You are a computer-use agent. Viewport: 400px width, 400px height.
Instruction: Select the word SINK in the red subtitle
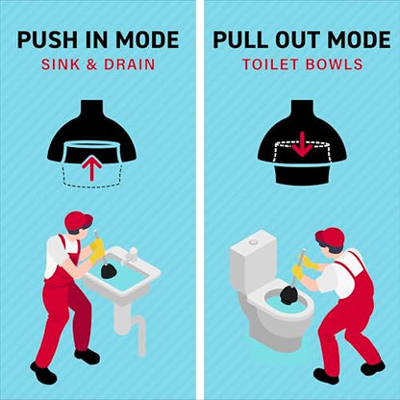(x=61, y=64)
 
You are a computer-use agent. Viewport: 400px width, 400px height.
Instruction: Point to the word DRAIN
(x=130, y=64)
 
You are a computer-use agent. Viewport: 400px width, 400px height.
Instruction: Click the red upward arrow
(x=92, y=166)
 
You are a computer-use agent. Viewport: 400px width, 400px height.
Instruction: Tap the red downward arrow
(x=302, y=145)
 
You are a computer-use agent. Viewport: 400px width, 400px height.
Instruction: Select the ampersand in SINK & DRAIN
(x=91, y=64)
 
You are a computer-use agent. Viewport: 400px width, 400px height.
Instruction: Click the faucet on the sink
(x=131, y=256)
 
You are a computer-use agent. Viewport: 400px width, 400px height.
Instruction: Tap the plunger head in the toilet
(x=289, y=294)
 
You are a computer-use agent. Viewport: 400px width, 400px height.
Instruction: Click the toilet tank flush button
(x=254, y=241)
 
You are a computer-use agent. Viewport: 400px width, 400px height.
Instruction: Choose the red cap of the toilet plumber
(x=330, y=237)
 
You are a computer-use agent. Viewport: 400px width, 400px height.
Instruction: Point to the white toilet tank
(x=254, y=259)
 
